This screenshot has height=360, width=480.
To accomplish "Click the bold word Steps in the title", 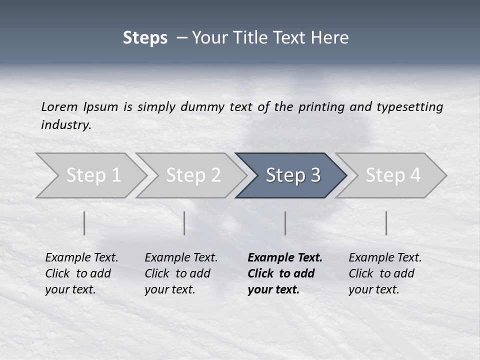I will (x=145, y=38).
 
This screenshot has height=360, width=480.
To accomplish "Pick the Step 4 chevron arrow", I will (x=392, y=175).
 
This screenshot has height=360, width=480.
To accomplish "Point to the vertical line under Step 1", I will (x=84, y=223).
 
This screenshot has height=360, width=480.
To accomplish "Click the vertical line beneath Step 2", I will (x=184, y=223).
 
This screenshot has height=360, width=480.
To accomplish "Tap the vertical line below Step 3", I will (x=285, y=223).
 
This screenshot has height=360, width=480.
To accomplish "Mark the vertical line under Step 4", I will (x=386, y=223).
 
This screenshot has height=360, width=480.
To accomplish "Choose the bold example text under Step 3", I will (x=284, y=273).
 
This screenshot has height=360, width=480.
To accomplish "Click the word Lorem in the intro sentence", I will (x=59, y=107).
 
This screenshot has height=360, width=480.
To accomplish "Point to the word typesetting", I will (x=409, y=107).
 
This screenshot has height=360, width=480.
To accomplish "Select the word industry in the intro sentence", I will (x=65, y=125).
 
